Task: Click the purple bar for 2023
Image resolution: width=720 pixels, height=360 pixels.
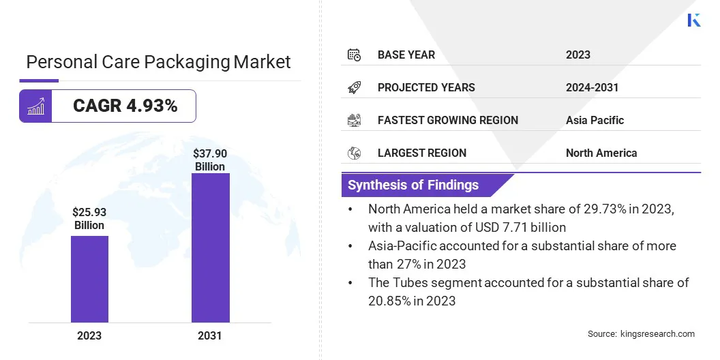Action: pyautogui.click(x=89, y=279)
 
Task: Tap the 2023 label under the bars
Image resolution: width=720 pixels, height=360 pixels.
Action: pyautogui.click(x=89, y=335)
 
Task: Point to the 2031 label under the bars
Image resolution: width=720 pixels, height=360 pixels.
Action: pyautogui.click(x=210, y=335)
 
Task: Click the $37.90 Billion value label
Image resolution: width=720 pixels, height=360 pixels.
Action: pyautogui.click(x=210, y=160)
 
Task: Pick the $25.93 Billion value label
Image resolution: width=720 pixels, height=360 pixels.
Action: pyautogui.click(x=89, y=219)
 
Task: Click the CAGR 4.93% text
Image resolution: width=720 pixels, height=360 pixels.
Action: pyautogui.click(x=125, y=106)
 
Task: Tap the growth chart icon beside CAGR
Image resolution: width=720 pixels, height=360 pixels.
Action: pyautogui.click(x=35, y=106)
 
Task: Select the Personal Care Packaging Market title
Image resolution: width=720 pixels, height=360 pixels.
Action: pyautogui.click(x=158, y=62)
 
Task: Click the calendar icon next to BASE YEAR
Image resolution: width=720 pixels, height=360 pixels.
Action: pyautogui.click(x=354, y=55)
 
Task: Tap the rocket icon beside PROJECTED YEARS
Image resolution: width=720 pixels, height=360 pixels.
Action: pyautogui.click(x=354, y=87)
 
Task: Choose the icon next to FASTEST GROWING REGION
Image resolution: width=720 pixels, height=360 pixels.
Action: pyautogui.click(x=354, y=120)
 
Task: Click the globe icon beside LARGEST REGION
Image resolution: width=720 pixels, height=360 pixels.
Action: pyautogui.click(x=354, y=153)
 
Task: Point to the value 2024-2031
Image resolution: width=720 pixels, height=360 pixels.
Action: pyautogui.click(x=592, y=87)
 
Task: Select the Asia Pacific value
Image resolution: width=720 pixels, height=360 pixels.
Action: pyautogui.click(x=595, y=120)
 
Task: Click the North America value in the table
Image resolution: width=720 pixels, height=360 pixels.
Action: pyautogui.click(x=601, y=153)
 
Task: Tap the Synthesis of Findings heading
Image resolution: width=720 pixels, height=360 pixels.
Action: pyautogui.click(x=413, y=185)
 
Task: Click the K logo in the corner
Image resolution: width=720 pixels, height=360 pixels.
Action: pyautogui.click(x=693, y=20)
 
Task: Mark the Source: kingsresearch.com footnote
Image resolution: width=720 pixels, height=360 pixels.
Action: pyautogui.click(x=641, y=333)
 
